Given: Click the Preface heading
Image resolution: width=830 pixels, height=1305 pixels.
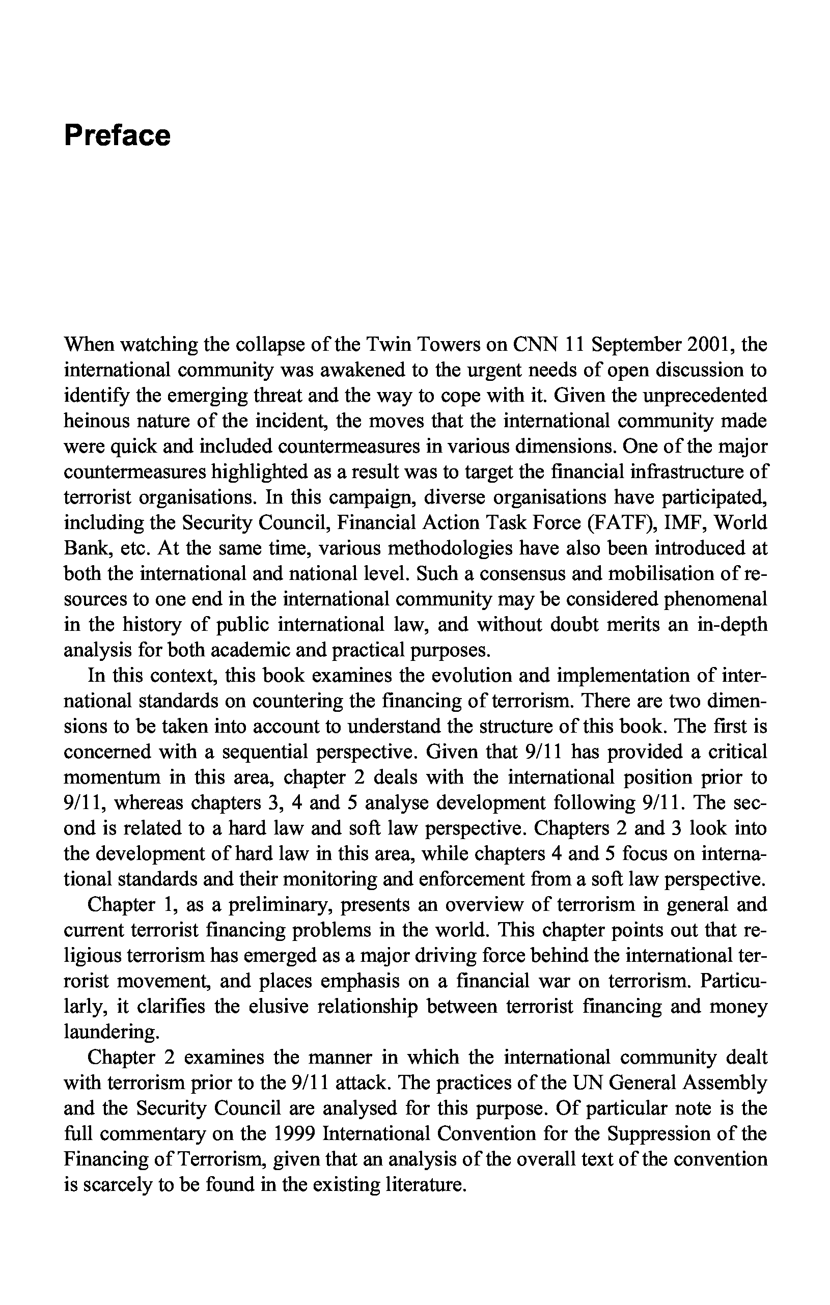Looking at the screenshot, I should [117, 135].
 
